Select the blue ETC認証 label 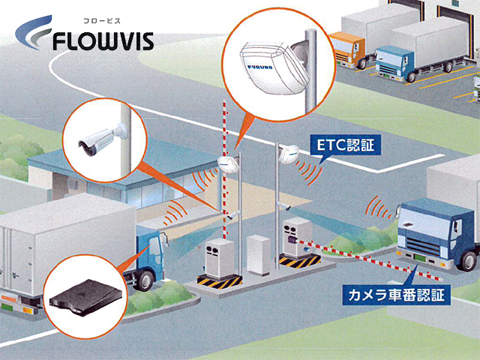click(349, 145)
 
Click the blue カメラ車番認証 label click(394, 293)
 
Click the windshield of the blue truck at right click(424, 225)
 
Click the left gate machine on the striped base click(217, 258)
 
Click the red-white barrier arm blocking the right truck click(352, 257)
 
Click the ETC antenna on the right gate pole click(286, 154)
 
